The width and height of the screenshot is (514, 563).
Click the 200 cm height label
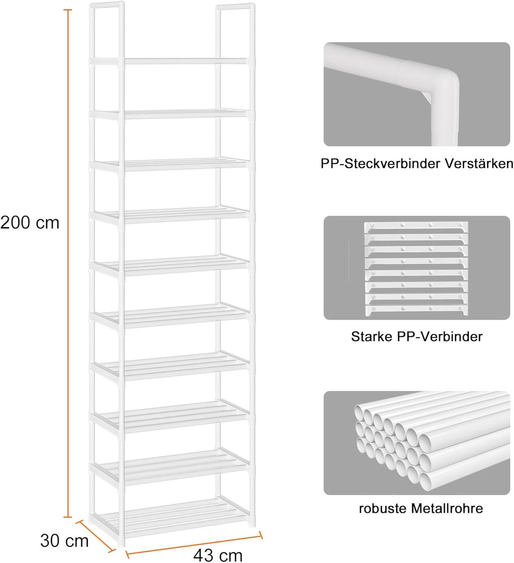[30, 223]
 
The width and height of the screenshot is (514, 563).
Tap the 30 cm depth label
[64, 541]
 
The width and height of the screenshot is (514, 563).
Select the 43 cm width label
[218, 555]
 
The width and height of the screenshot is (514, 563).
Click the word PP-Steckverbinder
[380, 164]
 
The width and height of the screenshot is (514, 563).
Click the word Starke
[372, 337]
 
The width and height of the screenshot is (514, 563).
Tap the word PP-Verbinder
[440, 337]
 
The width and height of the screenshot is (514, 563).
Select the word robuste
[383, 508]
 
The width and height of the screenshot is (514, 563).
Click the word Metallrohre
[447, 508]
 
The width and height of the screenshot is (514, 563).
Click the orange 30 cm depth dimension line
[96, 535]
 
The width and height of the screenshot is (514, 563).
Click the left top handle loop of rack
[107, 32]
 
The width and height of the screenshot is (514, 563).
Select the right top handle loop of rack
[236, 32]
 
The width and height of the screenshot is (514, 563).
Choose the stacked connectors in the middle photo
[416, 269]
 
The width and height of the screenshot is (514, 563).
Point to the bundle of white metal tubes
[431, 442]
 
